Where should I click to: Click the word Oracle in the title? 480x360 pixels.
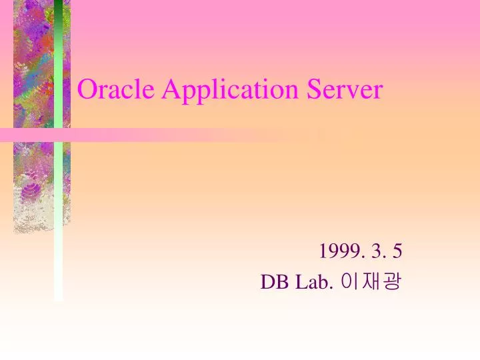tap(117, 89)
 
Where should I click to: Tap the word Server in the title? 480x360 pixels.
tap(345, 89)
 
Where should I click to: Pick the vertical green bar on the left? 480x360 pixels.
tap(59, 200)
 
